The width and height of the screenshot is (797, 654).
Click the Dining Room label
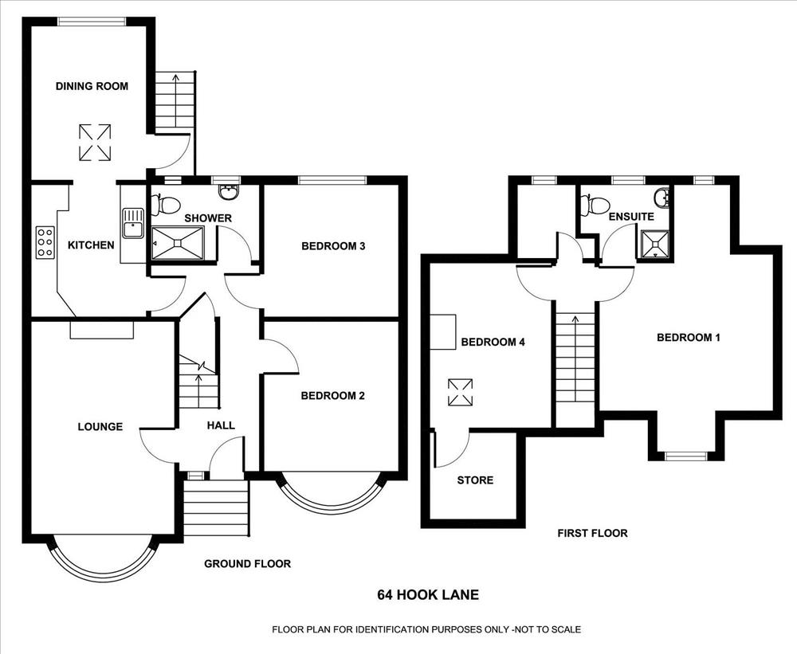click(x=92, y=86)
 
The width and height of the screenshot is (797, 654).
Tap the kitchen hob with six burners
click(x=45, y=242)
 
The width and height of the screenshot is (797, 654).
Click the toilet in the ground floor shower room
click(x=165, y=205)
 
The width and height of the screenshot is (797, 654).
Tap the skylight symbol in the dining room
click(x=95, y=143)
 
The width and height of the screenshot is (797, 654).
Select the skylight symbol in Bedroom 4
click(x=460, y=393)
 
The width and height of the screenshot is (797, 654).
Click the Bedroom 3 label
click(x=333, y=246)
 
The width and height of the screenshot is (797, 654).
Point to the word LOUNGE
click(x=100, y=427)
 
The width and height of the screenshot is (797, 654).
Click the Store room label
click(x=475, y=480)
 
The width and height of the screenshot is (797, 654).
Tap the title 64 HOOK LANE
click(x=428, y=594)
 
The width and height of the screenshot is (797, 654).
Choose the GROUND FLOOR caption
click(x=248, y=563)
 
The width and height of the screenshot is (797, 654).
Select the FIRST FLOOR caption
click(x=593, y=533)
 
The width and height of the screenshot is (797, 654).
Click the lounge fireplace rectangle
click(x=102, y=329)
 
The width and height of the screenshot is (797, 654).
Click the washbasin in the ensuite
click(x=662, y=198)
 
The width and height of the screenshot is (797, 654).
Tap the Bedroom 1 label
click(x=689, y=338)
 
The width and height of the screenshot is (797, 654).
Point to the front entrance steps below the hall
click(x=216, y=507)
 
